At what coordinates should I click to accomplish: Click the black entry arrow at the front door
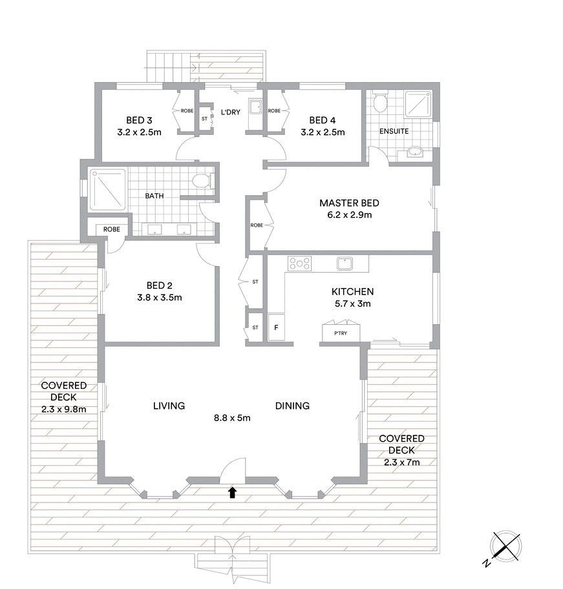pos(232,493)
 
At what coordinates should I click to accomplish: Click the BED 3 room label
pos(139,120)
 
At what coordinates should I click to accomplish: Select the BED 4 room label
pos(323,120)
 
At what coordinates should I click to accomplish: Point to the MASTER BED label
pos(349,203)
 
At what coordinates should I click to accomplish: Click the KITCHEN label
pos(352,291)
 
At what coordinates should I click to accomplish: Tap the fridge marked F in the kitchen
pos(276,327)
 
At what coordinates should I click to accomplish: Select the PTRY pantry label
pos(341,333)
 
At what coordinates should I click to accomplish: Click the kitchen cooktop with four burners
pos(299,263)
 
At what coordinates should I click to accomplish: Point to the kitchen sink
pos(345,263)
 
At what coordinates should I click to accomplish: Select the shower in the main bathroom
pos(107,190)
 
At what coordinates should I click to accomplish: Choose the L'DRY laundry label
pos(230,112)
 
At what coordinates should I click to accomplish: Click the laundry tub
pos(255,107)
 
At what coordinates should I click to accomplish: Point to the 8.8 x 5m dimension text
pos(232,418)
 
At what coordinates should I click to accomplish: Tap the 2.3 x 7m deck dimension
pos(402,462)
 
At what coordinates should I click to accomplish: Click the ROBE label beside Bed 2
pos(112,229)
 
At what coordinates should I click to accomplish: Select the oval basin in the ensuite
pos(415,152)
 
